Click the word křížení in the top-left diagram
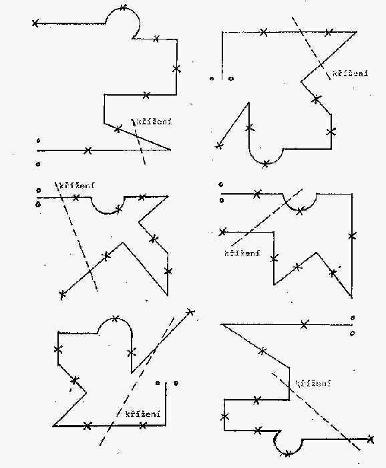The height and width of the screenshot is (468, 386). pyautogui.click(x=154, y=122)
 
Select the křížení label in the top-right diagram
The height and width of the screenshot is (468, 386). pyautogui.click(x=350, y=73)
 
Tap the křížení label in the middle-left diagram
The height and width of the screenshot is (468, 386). pyautogui.click(x=77, y=185)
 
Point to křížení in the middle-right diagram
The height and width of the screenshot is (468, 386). pyautogui.click(x=242, y=253)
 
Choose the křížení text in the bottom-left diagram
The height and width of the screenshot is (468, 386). pyautogui.click(x=143, y=414)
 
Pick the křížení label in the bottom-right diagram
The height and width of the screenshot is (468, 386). pyautogui.click(x=313, y=383)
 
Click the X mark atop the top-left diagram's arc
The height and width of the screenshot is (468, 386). pyautogui.click(x=124, y=7)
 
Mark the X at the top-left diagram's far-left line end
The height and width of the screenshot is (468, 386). pyautogui.click(x=35, y=23)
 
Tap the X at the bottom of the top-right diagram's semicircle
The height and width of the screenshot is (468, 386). pyautogui.click(x=266, y=164)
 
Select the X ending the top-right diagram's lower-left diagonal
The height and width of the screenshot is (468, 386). pyautogui.click(x=219, y=146)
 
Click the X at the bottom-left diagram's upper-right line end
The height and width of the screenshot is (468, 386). pyautogui.click(x=190, y=312)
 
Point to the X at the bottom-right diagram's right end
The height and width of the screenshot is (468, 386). pyautogui.click(x=370, y=439)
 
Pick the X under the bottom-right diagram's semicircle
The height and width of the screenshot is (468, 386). pyautogui.click(x=288, y=454)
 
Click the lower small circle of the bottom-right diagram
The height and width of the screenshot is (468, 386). pyautogui.click(x=352, y=334)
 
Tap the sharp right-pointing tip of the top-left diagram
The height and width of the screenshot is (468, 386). pyautogui.click(x=170, y=150)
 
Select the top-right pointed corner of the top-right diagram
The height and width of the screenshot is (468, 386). pyautogui.click(x=356, y=31)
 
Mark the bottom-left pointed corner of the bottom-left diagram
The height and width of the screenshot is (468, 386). pyautogui.click(x=53, y=426)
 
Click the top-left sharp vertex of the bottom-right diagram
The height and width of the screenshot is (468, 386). pyautogui.click(x=221, y=324)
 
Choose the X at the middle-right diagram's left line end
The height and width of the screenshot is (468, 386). pyautogui.click(x=222, y=232)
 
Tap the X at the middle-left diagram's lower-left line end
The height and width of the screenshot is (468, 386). pyautogui.click(x=62, y=295)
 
